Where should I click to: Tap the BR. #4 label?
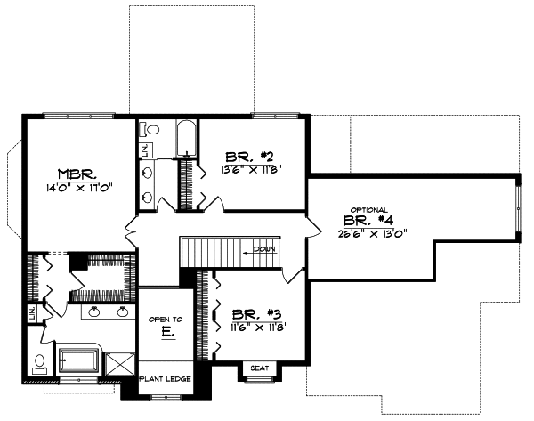coord(367,223)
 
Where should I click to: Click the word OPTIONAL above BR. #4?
coord(368,210)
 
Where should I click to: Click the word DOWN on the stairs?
coord(265,249)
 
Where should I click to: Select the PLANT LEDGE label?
coord(165,380)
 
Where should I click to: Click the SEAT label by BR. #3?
coord(260,368)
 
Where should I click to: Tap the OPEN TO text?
coord(165,319)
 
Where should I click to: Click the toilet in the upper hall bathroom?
coord(152,130)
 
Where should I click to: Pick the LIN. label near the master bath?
coord(32,313)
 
